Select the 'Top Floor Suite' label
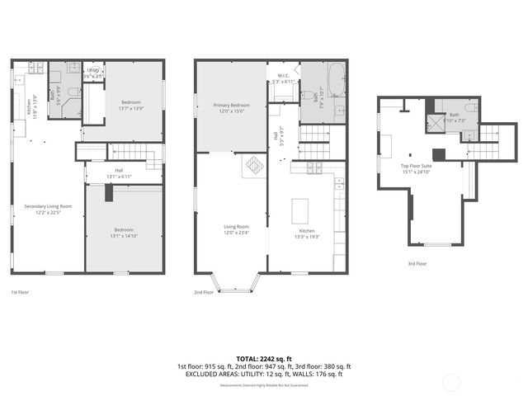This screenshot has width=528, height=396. tap(416, 168)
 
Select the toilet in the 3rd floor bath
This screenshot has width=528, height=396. tap(469, 108)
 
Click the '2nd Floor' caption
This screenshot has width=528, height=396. tap(204, 292)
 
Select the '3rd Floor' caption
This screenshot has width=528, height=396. tap(417, 263)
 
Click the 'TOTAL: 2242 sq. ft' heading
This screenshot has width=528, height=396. tap(263, 359)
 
